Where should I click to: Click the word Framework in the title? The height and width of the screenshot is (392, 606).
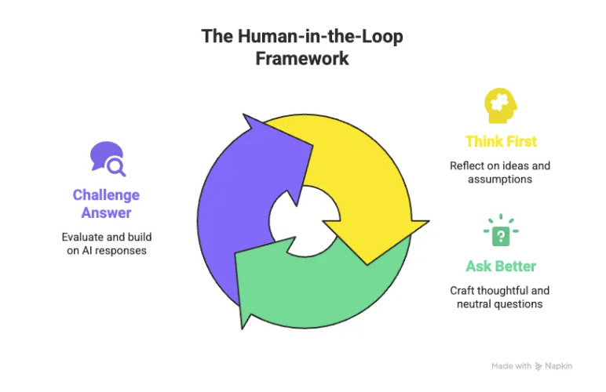(x=302, y=59)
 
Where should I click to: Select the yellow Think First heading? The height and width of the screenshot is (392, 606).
(x=501, y=141)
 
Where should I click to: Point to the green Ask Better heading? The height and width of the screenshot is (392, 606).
(x=501, y=266)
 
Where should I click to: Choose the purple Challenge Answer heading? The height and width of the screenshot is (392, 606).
(x=106, y=203)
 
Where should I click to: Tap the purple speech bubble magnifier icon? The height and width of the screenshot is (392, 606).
(x=107, y=158)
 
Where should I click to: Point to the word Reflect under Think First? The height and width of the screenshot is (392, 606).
(x=467, y=165)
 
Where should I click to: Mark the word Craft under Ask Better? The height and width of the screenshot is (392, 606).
(x=462, y=290)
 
